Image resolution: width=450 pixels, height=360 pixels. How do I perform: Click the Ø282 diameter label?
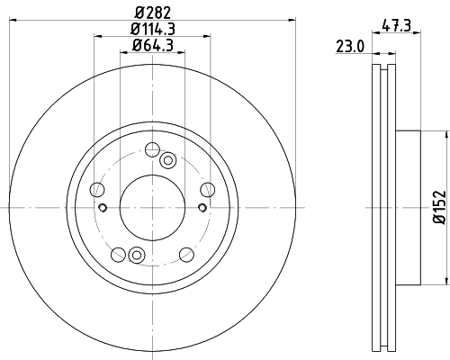[x=153, y=12]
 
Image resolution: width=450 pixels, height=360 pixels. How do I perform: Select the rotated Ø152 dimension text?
[x=439, y=206]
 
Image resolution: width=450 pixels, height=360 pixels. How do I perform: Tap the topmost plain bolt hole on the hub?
[x=152, y=149]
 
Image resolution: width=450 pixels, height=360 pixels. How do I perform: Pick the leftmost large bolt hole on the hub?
[x=98, y=189]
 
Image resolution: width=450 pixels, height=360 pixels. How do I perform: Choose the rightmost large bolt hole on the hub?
[x=207, y=189]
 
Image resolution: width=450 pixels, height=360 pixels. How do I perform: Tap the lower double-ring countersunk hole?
[x=136, y=254]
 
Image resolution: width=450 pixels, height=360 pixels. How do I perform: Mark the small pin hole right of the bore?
[x=202, y=208]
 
